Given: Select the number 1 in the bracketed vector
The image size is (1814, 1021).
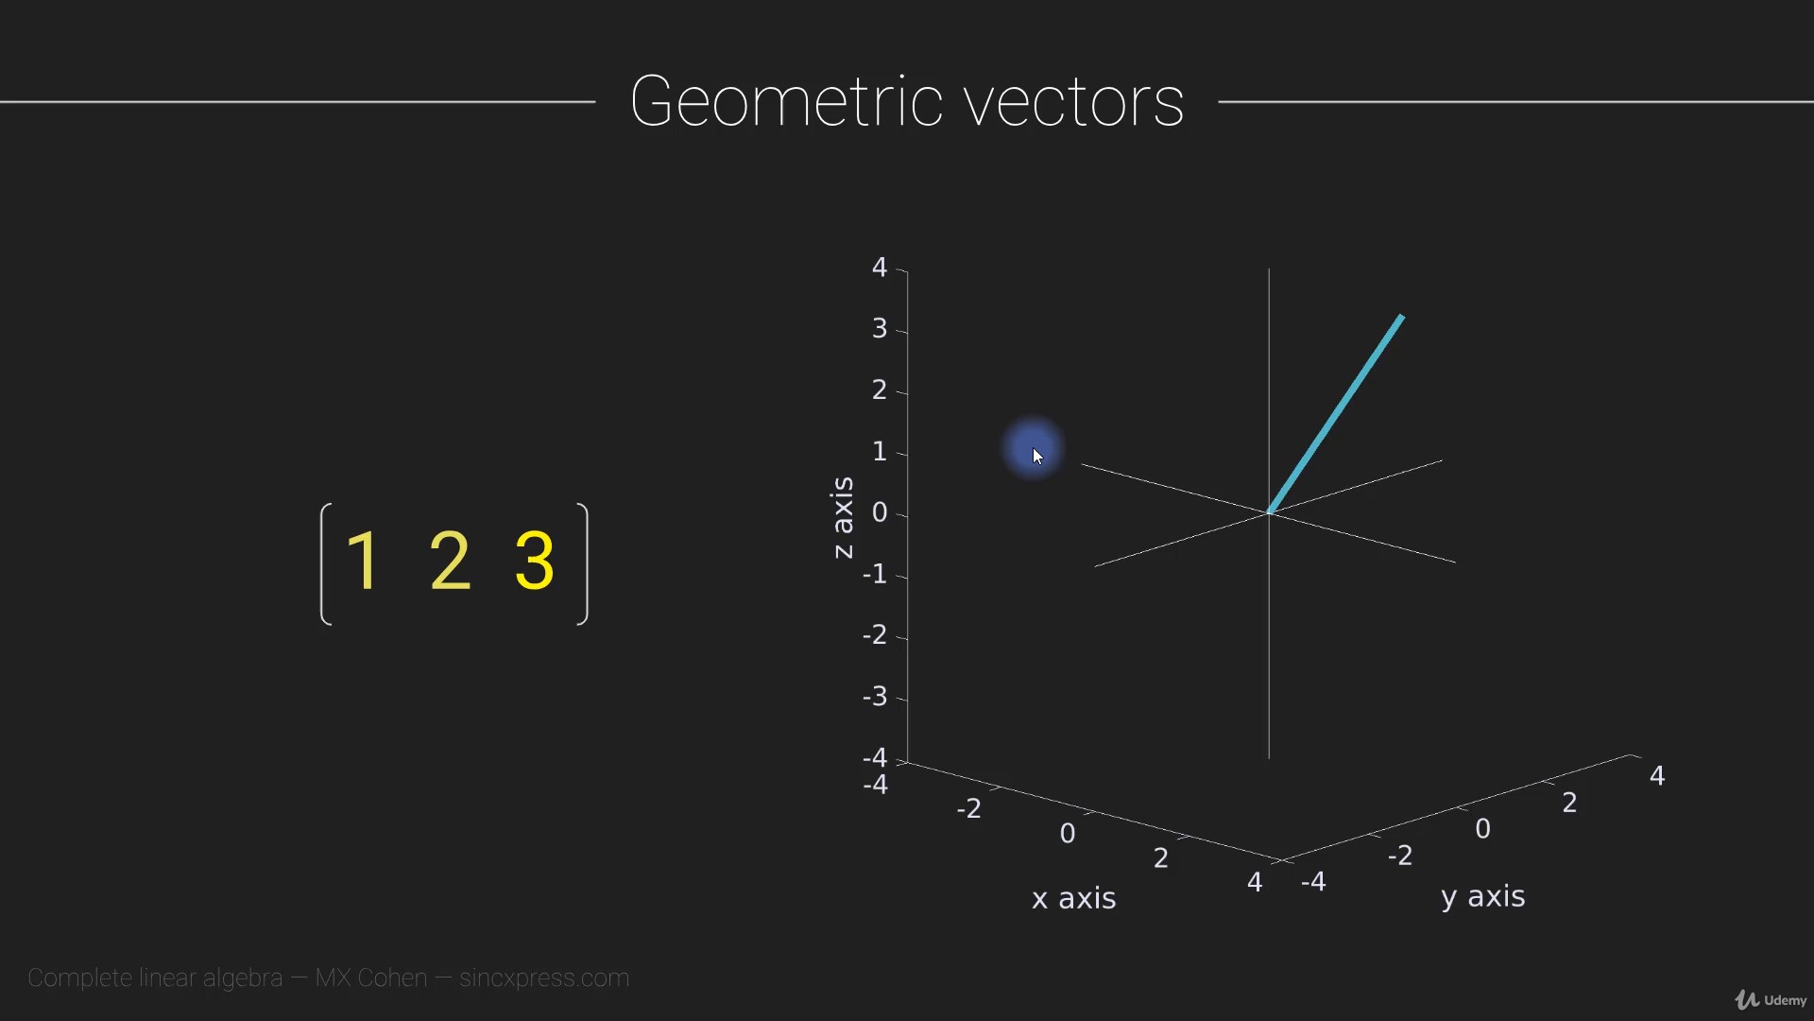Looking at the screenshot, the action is pyautogui.click(x=363, y=561).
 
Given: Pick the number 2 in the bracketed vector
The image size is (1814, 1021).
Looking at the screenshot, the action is pyautogui.click(x=450, y=561).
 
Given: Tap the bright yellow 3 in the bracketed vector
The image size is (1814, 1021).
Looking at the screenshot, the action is pyautogui.click(x=535, y=561).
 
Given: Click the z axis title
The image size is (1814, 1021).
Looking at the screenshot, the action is pyautogui.click(x=842, y=517).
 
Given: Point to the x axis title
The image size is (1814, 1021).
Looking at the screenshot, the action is pyautogui.click(x=1073, y=898).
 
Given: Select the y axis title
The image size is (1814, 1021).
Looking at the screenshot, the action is pyautogui.click(x=1483, y=897).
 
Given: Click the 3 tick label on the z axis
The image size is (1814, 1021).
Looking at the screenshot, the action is pyautogui.click(x=880, y=329).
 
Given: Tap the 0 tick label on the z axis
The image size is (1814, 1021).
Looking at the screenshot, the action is pyautogui.click(x=880, y=512).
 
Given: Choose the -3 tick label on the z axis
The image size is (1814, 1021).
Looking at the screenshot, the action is pyautogui.click(x=875, y=697).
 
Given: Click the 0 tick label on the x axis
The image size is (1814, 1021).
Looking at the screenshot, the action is pyautogui.click(x=1068, y=834).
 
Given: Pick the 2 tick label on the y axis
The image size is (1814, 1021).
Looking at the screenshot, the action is pyautogui.click(x=1570, y=804).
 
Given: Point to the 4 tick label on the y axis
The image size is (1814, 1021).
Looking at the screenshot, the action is pyautogui.click(x=1657, y=776).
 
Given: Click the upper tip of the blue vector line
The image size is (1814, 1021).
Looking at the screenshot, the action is pyautogui.click(x=1402, y=316).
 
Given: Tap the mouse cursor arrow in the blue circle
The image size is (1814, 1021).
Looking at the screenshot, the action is pyautogui.click(x=1037, y=457).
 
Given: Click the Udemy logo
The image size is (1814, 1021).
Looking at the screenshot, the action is pyautogui.click(x=1771, y=1000).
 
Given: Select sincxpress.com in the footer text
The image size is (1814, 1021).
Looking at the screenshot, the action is pyautogui.click(x=544, y=978).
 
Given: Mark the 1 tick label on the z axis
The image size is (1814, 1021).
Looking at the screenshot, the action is pyautogui.click(x=880, y=452).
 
